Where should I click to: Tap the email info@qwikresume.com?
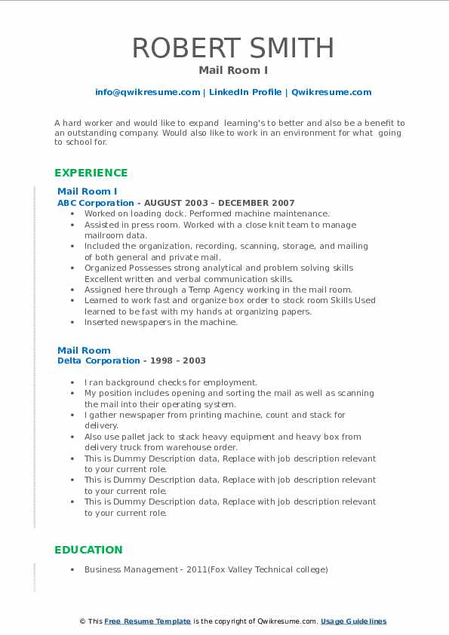147,92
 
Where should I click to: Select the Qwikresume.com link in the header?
331,92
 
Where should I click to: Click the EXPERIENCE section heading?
91,172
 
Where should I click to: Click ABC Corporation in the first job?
96,203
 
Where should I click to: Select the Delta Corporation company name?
99,360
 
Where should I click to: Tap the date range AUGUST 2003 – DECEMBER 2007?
220,203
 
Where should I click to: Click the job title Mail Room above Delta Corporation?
84,350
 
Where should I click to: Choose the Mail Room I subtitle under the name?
224,70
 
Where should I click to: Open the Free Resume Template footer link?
148,621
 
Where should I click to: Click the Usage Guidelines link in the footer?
353,621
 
